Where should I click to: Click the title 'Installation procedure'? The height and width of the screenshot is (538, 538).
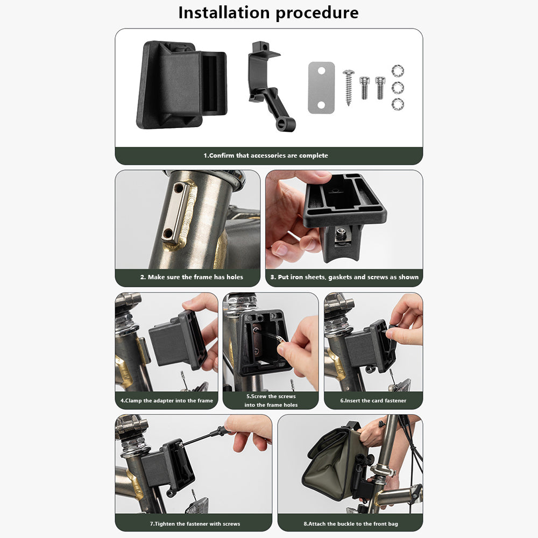268,13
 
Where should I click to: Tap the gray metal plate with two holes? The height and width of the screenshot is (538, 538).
321,88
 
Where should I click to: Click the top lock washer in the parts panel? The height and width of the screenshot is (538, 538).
398,71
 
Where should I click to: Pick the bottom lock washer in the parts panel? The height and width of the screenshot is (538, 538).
398,104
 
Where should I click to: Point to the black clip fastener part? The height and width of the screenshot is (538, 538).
270,86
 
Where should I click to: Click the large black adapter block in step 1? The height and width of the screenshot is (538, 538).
181,85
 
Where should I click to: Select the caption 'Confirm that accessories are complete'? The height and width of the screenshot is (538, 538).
268,155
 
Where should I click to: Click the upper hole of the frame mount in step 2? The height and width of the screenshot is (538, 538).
179,188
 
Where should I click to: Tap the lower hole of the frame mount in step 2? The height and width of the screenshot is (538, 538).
168,233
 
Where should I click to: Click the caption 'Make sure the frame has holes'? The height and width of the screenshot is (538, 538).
195,277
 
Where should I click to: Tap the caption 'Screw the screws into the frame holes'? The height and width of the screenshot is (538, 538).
271,400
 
